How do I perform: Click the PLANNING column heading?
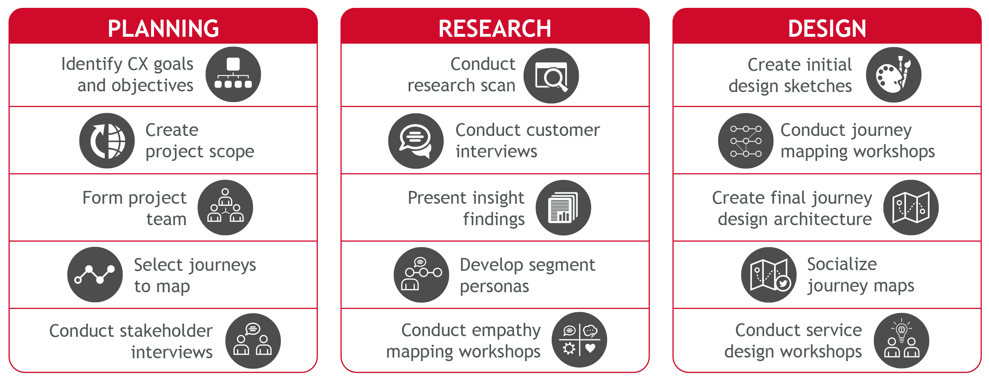point(163,29)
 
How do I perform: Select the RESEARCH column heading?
point(495,29)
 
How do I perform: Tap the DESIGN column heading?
point(827,29)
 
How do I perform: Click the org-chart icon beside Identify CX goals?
point(233,74)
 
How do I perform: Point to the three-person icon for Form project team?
point(225,207)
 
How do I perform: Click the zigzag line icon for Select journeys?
point(95,274)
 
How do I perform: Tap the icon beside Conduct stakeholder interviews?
point(253,341)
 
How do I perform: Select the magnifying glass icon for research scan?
point(551,75)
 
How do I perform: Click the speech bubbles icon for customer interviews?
point(416,141)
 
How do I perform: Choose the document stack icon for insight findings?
point(563,207)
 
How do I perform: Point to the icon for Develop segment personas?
point(421,274)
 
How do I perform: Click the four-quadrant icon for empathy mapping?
point(580,340)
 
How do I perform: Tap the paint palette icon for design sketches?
point(893,75)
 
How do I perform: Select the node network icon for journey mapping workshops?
point(746,141)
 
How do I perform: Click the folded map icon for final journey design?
point(911,207)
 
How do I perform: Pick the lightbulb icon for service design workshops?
point(901,340)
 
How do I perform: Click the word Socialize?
point(842,264)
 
